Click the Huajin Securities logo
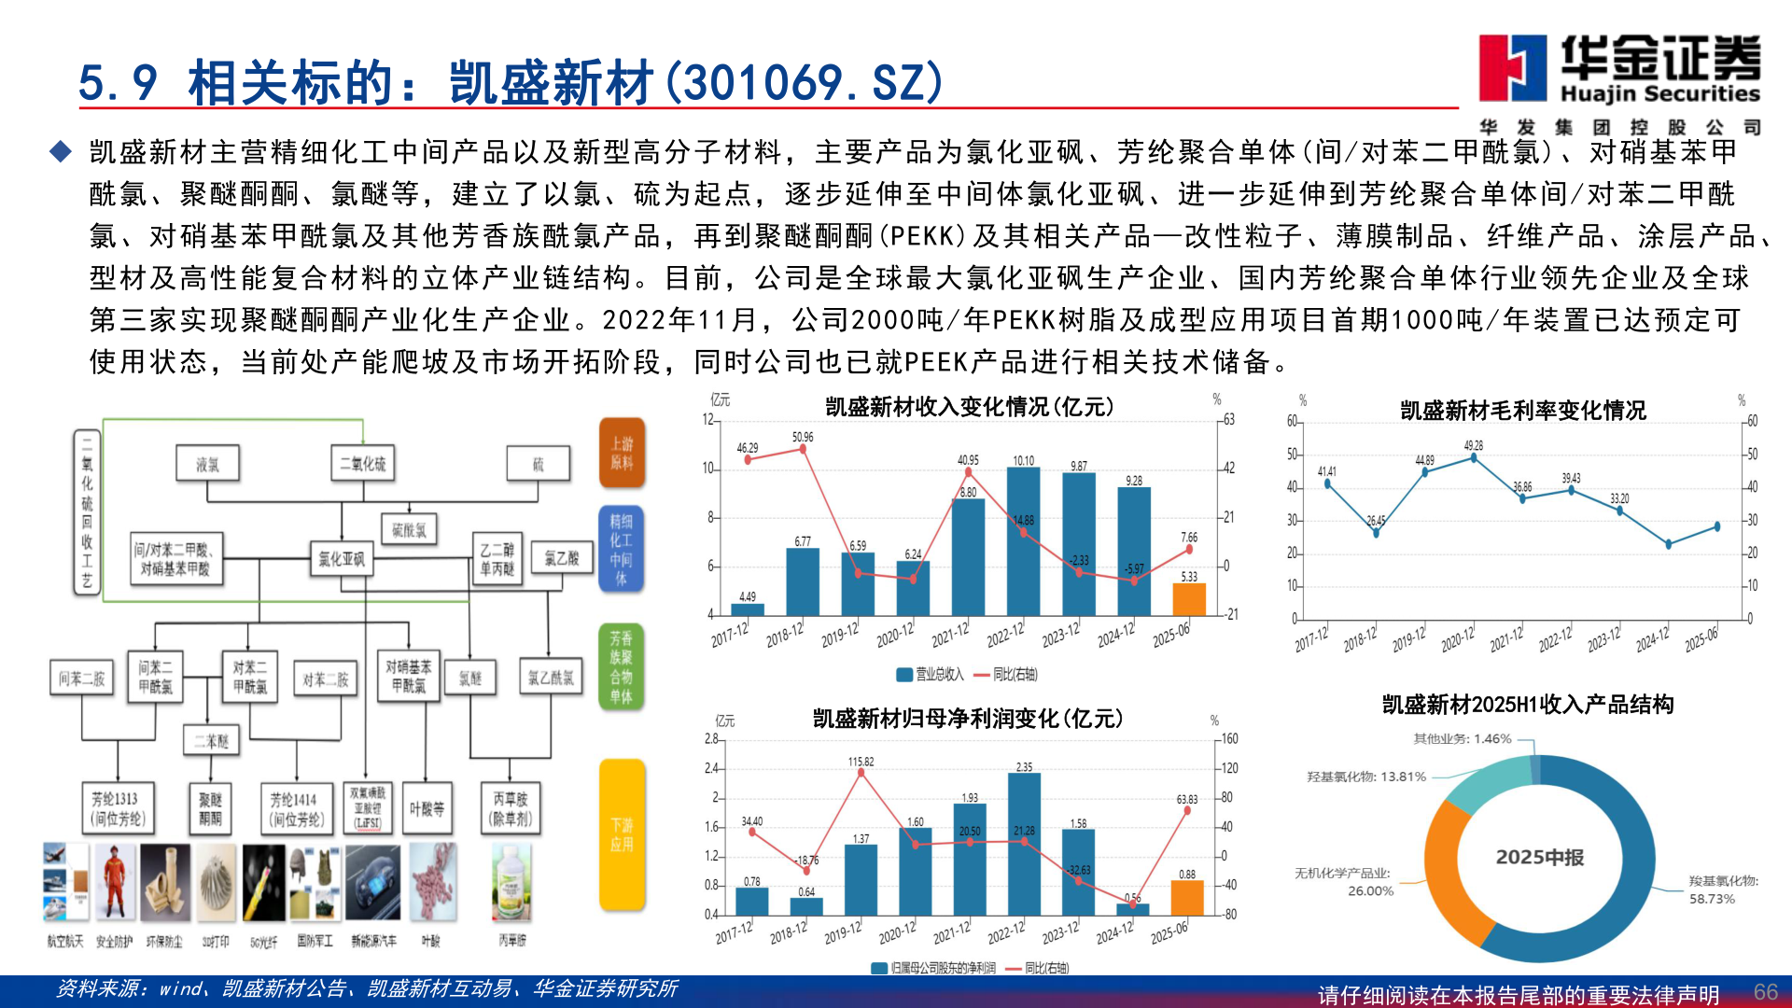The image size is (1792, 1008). tap(1619, 70)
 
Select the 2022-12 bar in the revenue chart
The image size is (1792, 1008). tap(1023, 540)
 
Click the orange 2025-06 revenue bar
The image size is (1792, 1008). tap(1188, 599)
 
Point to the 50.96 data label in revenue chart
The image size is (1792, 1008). tap(803, 437)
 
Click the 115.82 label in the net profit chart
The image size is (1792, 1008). tap(861, 762)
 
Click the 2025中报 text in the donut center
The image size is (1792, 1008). tap(1539, 857)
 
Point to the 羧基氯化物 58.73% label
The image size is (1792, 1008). tap(1722, 889)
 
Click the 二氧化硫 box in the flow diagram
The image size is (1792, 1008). tap(362, 464)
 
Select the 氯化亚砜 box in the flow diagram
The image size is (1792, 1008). tap(341, 559)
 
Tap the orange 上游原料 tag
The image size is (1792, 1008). tap(622, 453)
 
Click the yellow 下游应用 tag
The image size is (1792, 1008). tap(622, 834)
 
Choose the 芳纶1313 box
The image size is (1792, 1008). tap(117, 808)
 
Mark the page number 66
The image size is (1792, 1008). tap(1765, 991)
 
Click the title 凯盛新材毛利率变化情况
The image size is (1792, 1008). tap(1522, 411)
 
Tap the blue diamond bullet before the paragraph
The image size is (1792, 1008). tap(62, 151)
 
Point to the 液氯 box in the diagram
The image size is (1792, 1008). tap(207, 464)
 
